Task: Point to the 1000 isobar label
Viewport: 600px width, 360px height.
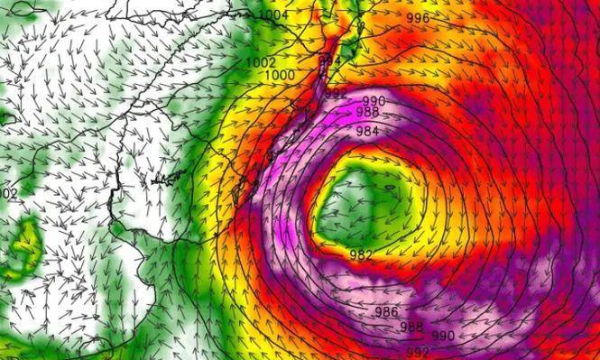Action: click(x=281, y=74)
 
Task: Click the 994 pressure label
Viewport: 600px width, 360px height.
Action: click(x=330, y=61)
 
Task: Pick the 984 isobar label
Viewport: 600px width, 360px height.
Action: click(x=366, y=132)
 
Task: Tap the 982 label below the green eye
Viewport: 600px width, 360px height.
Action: click(x=361, y=255)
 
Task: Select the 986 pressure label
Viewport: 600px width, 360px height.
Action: click(x=385, y=312)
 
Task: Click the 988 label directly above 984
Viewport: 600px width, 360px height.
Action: click(x=367, y=112)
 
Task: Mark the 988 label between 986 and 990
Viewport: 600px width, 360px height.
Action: click(x=411, y=326)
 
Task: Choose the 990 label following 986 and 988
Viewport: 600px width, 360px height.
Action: click(x=442, y=336)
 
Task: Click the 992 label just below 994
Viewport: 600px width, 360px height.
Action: click(x=335, y=93)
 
